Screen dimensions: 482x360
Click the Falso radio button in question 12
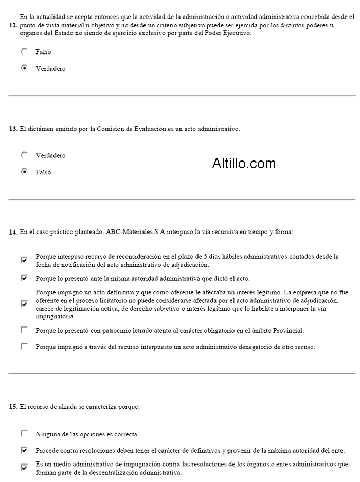(24, 52)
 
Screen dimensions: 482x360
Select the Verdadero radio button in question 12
(24, 68)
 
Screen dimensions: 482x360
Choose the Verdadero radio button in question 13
(24, 155)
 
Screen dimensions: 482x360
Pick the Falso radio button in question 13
(24, 172)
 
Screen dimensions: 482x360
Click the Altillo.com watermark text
(244, 164)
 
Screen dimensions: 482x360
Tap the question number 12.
(13, 25)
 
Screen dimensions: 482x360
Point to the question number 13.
(13, 129)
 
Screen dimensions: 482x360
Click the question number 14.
(13, 233)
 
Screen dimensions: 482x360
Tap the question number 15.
(13, 407)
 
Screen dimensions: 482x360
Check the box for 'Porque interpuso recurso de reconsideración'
(24, 260)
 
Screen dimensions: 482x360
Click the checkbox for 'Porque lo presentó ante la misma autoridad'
(24, 278)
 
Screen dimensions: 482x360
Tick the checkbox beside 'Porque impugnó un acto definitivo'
(24, 304)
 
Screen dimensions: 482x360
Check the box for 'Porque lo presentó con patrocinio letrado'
(24, 329)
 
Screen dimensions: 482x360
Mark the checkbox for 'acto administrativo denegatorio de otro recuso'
(24, 347)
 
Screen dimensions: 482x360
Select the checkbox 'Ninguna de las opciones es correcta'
(24, 433)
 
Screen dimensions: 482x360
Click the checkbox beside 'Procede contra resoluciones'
(24, 450)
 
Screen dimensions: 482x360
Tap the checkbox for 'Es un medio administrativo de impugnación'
(24, 468)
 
